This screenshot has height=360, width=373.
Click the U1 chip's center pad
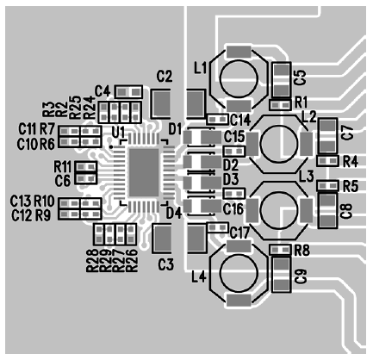[144, 172]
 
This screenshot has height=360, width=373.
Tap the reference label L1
[201, 68]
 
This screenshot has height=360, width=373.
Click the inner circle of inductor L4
[239, 274]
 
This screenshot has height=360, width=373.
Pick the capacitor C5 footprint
[282, 80]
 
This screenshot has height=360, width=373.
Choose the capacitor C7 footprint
[327, 136]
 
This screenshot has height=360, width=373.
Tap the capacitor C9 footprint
[282, 274]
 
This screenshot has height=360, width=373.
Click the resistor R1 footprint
[280, 105]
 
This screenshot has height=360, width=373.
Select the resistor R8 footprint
[280, 250]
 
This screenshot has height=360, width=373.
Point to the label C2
[165, 77]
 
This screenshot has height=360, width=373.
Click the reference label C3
[165, 264]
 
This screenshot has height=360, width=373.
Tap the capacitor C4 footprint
[128, 92]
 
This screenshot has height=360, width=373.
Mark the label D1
[175, 129]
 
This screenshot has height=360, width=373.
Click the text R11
[62, 166]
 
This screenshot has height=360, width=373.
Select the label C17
[239, 233]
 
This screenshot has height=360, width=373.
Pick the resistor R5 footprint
[327, 186]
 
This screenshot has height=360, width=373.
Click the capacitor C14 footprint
[218, 119]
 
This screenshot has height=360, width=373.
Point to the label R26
[132, 261]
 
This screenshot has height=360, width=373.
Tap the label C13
[21, 202]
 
